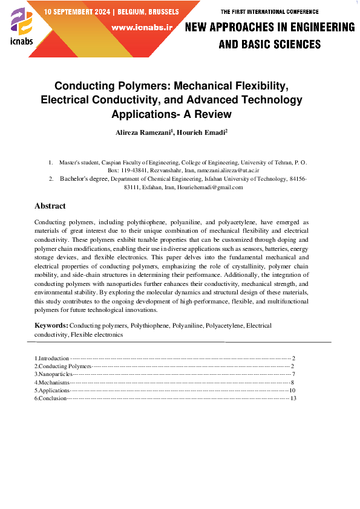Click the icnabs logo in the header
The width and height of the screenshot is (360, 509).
pos(22,27)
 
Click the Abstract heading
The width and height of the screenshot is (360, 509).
pos(50,206)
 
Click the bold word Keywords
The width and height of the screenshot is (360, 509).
pos(51,326)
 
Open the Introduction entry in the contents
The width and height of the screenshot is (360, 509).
pos(52,358)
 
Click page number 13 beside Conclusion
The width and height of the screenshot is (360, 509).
pos(293,398)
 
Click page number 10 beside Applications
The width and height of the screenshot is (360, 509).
pos(292,391)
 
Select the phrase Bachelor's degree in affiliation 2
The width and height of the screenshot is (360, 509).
pos(84,179)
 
